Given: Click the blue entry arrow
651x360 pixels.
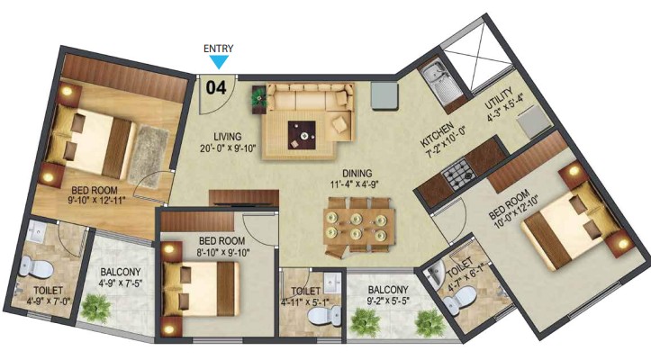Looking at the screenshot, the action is pyautogui.click(x=219, y=62).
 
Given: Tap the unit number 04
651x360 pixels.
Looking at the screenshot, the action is pyautogui.click(x=216, y=88).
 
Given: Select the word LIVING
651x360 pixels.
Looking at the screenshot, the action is pyautogui.click(x=228, y=136).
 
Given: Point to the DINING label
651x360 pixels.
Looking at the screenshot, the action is pyautogui.click(x=357, y=173).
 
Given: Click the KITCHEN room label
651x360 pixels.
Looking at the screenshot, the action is pyautogui.click(x=438, y=134).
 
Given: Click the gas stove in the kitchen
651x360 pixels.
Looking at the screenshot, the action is pyautogui.click(x=459, y=175).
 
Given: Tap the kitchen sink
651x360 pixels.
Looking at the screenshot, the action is pyautogui.click(x=438, y=85).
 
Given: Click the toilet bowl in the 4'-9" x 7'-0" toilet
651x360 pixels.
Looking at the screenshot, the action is pyautogui.click(x=36, y=266).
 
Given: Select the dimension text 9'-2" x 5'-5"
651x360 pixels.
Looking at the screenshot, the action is pyautogui.click(x=388, y=301).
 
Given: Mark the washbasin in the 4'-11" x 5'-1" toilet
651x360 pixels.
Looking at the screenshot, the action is pyautogui.click(x=331, y=283).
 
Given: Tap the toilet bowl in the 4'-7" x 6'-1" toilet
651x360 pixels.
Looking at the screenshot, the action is pyautogui.click(x=459, y=301).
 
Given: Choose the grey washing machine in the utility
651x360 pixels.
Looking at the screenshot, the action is pyautogui.click(x=535, y=121).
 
